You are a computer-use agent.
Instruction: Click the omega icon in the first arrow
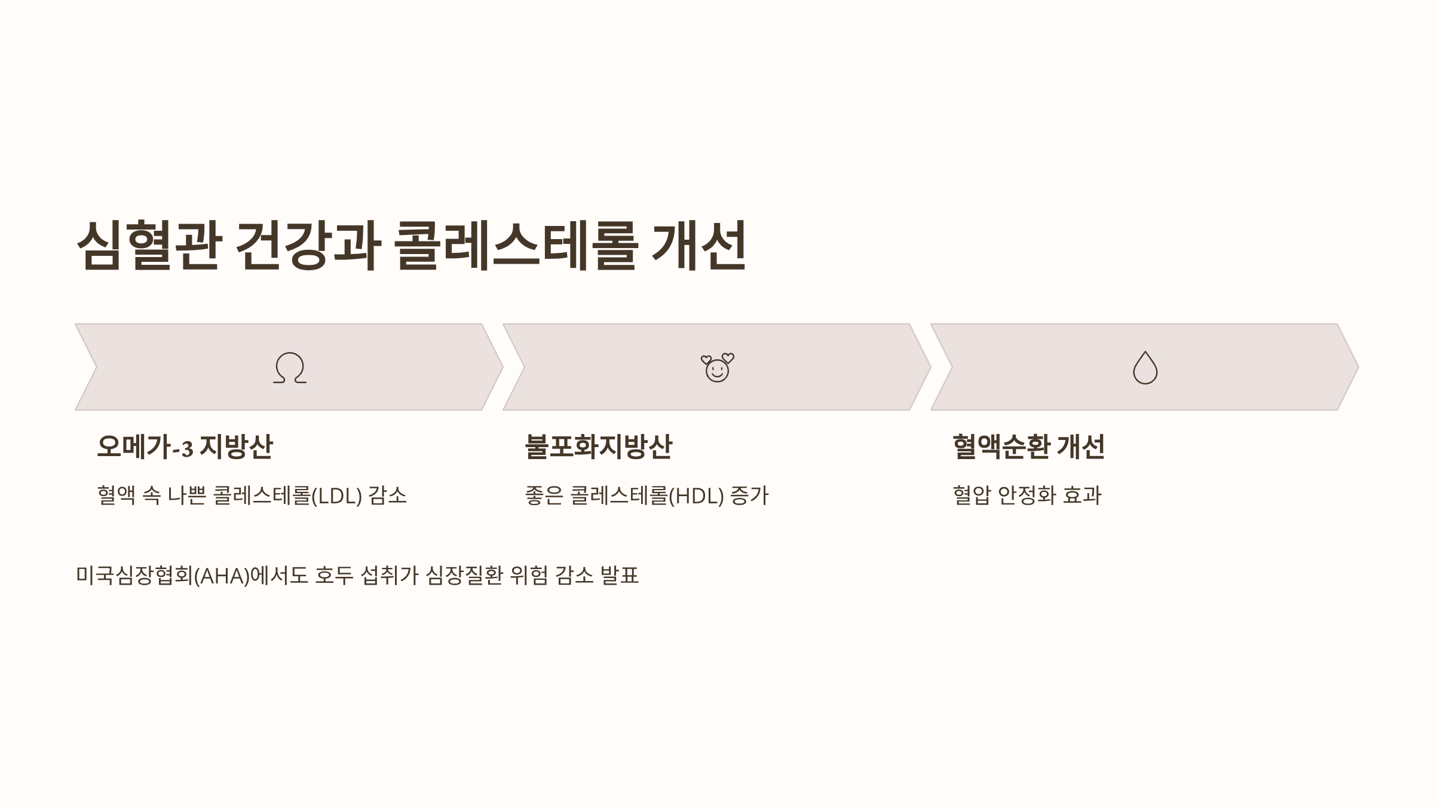click(290, 368)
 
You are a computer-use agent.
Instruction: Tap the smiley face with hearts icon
click(717, 368)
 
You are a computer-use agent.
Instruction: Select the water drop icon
click(1145, 368)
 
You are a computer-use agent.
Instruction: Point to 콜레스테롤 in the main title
click(516, 245)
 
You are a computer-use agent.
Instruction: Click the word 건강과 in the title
click(308, 245)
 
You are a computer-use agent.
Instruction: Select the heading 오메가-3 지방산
click(185, 447)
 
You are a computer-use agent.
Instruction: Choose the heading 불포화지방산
click(598, 447)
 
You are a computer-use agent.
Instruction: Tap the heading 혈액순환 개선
click(1028, 447)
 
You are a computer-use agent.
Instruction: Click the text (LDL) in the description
click(337, 496)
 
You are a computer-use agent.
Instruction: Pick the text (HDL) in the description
click(697, 496)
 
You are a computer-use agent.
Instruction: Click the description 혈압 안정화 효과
click(1027, 496)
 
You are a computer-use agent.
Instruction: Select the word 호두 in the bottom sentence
click(334, 576)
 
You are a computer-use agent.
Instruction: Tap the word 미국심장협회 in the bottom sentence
click(134, 576)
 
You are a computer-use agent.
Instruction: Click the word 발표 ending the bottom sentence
click(619, 576)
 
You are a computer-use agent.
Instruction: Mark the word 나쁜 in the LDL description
click(186, 496)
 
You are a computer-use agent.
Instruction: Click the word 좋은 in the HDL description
click(544, 496)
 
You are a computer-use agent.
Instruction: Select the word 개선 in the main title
click(698, 245)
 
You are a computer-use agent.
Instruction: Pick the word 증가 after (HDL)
click(749, 496)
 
